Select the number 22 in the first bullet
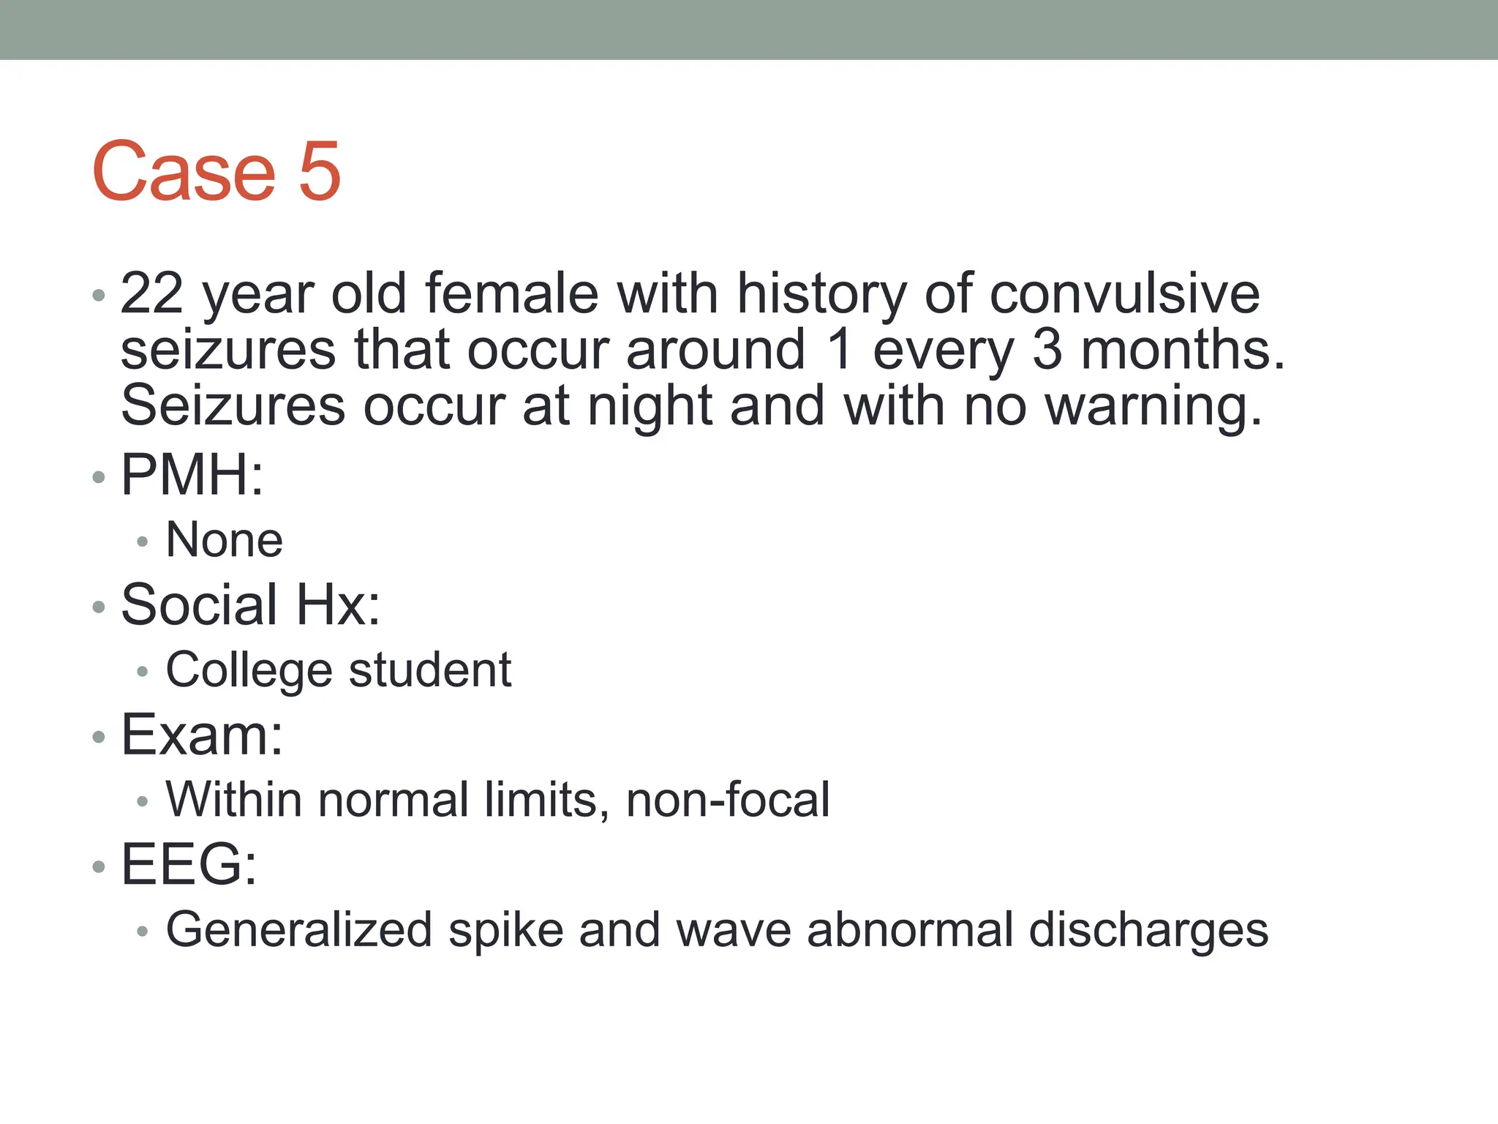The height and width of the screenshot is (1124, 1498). click(151, 293)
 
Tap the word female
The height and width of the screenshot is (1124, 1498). click(511, 293)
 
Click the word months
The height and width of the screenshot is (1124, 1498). click(1182, 350)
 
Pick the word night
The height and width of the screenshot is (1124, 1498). click(650, 407)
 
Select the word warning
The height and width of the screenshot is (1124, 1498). click(1153, 407)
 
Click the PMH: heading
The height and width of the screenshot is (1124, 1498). click(192, 475)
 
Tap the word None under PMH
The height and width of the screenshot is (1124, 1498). click(225, 540)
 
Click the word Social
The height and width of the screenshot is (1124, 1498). click(199, 605)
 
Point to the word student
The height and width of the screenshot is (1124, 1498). click(430, 670)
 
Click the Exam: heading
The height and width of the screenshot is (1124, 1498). click(202, 735)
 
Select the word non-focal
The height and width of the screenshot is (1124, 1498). click(728, 799)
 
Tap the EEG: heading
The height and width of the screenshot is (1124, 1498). click(189, 865)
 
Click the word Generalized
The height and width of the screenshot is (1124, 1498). click(299, 930)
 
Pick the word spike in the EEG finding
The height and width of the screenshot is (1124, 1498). click(505, 930)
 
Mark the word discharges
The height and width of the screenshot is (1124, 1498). click(1148, 930)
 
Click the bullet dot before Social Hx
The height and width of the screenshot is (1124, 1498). click(99, 607)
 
